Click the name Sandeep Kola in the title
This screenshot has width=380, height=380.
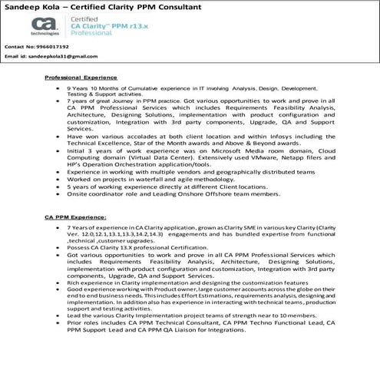[x=31, y=7]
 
